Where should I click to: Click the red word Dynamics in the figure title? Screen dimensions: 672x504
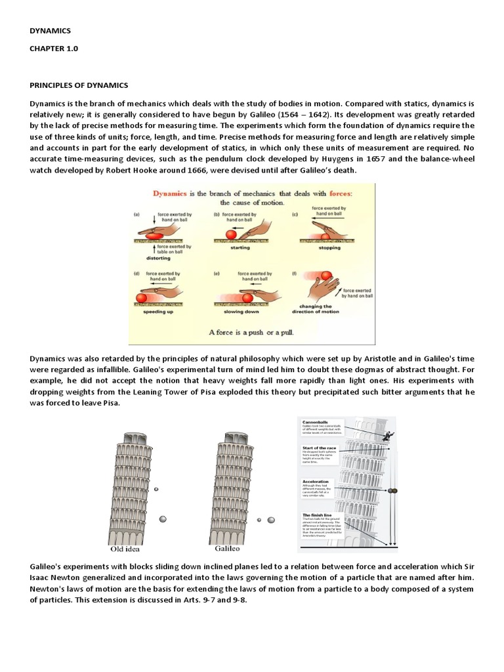click(x=175, y=194)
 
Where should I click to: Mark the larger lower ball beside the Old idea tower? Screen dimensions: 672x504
click(x=162, y=519)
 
